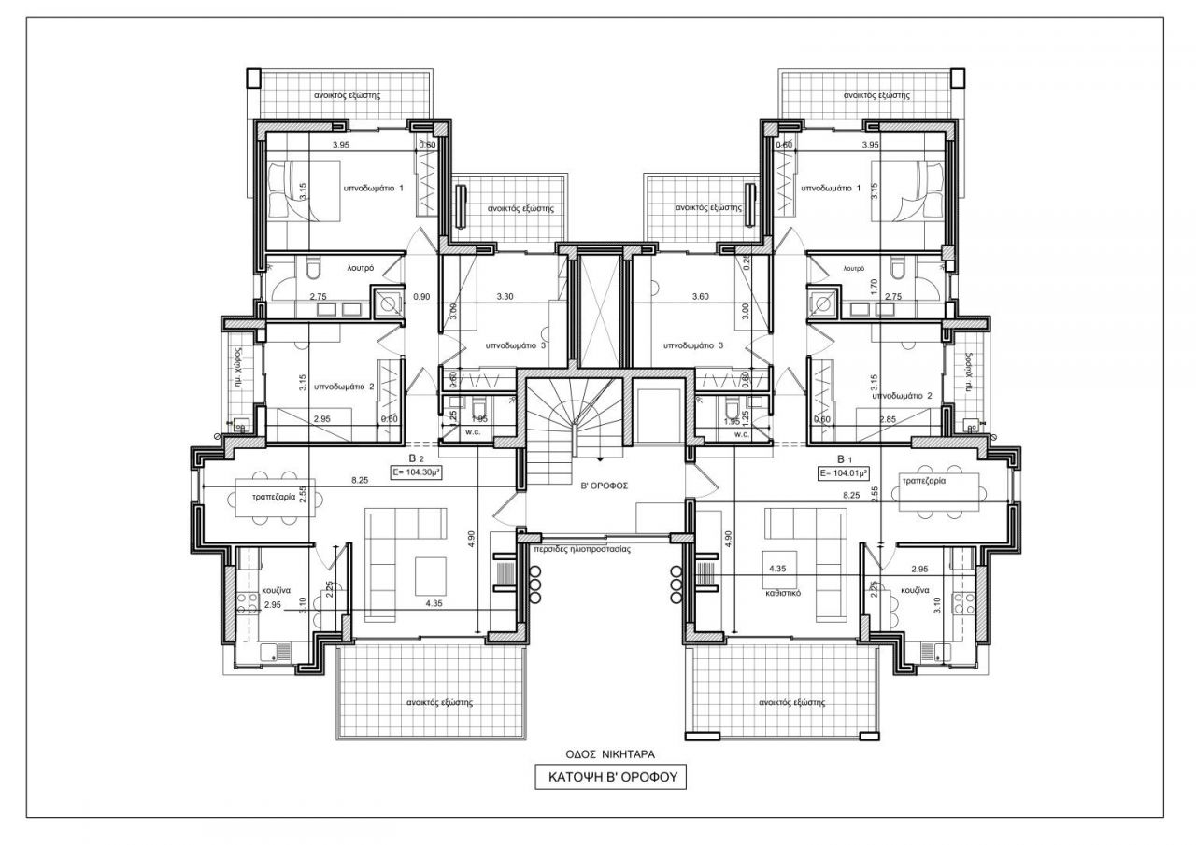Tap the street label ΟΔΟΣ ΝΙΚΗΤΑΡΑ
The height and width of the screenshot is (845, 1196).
598,753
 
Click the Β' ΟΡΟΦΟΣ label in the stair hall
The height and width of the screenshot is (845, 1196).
598,486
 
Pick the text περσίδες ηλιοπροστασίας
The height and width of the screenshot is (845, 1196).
581,550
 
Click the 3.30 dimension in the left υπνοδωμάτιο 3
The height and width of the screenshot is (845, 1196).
505,297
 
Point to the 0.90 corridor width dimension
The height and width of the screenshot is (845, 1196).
421,297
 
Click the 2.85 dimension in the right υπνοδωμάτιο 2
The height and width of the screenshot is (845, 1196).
890,420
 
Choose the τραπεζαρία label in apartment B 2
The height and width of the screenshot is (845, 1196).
274,498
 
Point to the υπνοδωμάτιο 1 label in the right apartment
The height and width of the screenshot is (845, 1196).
830,187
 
